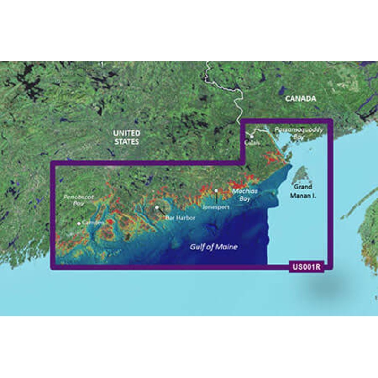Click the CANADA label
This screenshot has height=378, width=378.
[x=301, y=99]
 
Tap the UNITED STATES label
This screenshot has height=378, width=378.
[x=126, y=137]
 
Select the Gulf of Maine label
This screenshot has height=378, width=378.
[x=214, y=247]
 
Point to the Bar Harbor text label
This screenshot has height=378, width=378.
[x=177, y=218]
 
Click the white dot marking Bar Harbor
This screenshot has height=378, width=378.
[x=156, y=207]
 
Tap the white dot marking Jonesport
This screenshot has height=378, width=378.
[x=216, y=191]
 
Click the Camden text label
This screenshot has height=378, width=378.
[x=93, y=222]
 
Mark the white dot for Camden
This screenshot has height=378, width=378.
[x=79, y=223]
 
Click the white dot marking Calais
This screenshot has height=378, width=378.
[x=252, y=137]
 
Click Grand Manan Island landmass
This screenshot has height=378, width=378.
[x=299, y=175]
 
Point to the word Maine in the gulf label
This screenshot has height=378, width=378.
[x=225, y=247]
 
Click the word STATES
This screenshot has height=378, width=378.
[x=127, y=141]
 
